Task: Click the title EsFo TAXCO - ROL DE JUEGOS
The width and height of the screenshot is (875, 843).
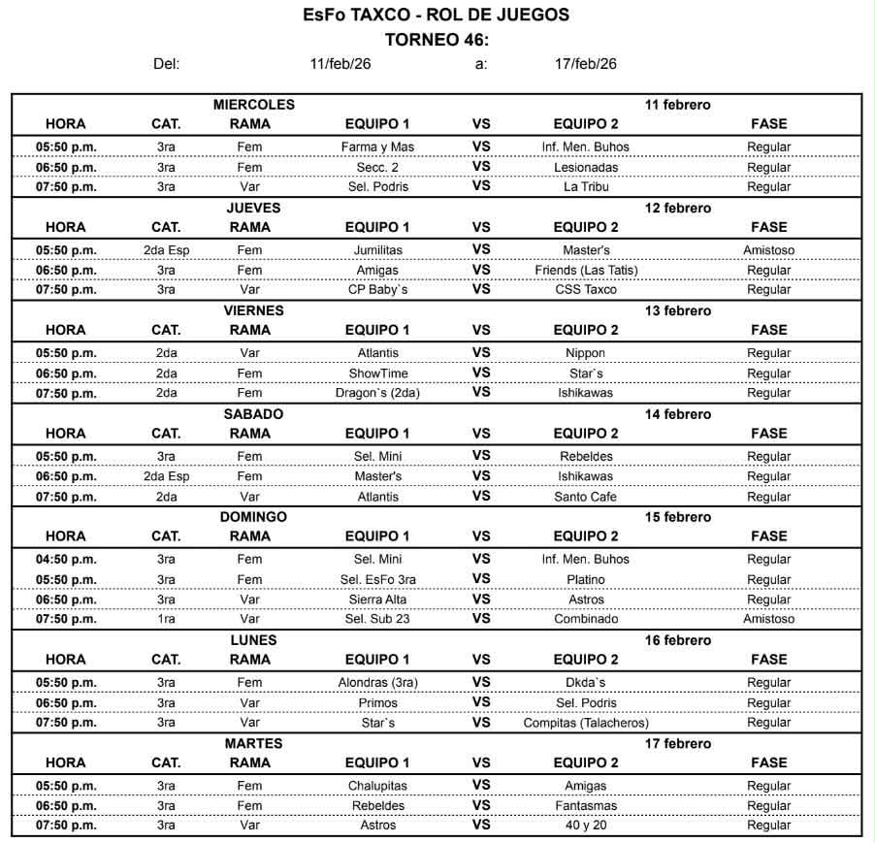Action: pyautogui.click(x=436, y=15)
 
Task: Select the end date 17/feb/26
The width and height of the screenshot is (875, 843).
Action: pyautogui.click(x=585, y=64)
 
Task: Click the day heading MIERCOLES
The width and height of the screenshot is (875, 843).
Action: pyautogui.click(x=253, y=105)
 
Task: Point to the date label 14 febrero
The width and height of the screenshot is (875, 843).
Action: pyautogui.click(x=677, y=414)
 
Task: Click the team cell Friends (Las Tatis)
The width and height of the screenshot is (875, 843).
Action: pyautogui.click(x=585, y=271)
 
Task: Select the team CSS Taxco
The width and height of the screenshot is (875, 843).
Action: pyautogui.click(x=585, y=290)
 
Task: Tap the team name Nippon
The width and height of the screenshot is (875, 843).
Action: pyautogui.click(x=585, y=354)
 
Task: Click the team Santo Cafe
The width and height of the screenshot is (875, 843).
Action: pyautogui.click(x=585, y=498)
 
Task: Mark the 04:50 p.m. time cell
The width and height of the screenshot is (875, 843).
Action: pyautogui.click(x=66, y=560)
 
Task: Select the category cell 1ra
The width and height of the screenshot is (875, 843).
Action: pyautogui.click(x=166, y=619)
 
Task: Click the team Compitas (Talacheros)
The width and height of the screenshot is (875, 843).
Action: pyautogui.click(x=585, y=723)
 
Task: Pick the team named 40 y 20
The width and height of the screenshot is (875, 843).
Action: pyautogui.click(x=585, y=826)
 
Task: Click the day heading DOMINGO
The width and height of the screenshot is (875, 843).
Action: pyautogui.click(x=253, y=517)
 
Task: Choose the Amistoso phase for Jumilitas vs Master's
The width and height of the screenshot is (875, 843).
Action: pyautogui.click(x=768, y=250)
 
